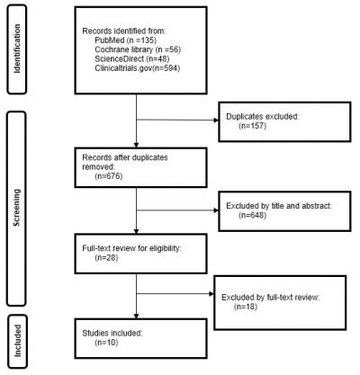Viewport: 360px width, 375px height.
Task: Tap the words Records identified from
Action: coord(115,31)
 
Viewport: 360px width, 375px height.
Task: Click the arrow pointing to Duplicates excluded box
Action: coord(212,121)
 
